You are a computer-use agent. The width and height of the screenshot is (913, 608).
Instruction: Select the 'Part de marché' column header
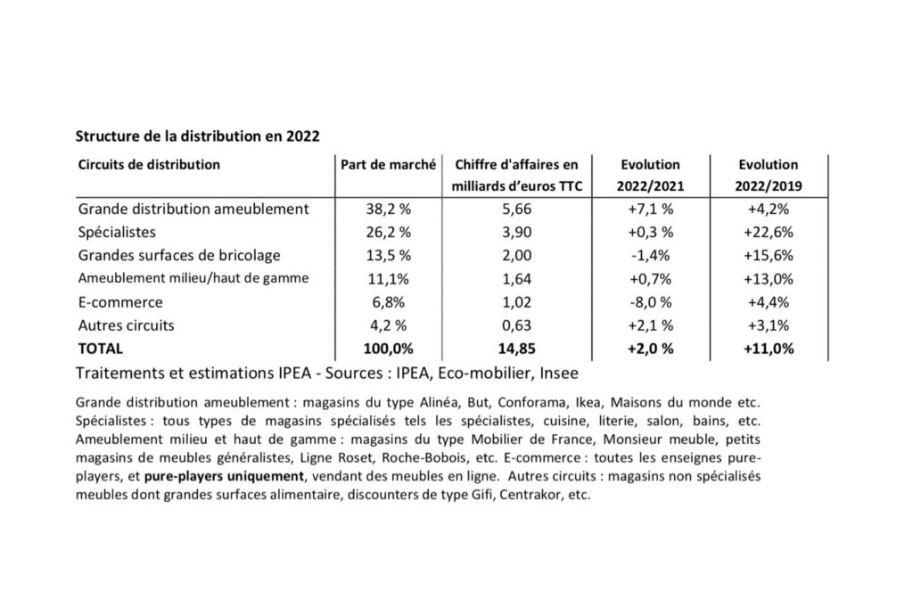point(388,165)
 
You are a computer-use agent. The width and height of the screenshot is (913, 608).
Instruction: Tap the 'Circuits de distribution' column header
point(150,165)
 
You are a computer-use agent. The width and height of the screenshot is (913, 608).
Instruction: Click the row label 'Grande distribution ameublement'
point(193,210)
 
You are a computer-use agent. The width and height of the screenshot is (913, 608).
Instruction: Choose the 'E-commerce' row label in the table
point(120,302)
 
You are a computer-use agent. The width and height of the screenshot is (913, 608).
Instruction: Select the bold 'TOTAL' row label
point(101,349)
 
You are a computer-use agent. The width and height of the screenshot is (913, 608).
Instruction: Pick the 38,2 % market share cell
point(388,210)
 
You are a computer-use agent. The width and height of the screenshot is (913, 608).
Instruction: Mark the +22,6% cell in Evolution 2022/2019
point(769,233)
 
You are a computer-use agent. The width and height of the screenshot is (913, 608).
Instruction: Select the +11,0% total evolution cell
point(769,349)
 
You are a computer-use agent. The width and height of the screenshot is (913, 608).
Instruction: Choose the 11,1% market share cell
point(388,279)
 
